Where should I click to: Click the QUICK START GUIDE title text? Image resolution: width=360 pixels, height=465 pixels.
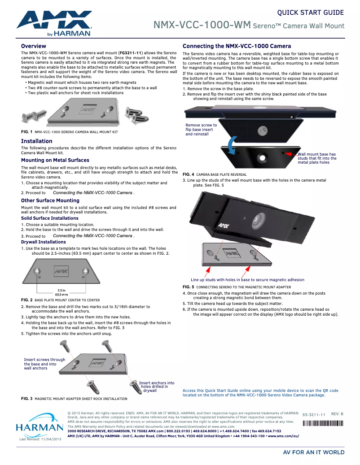pos(311,13)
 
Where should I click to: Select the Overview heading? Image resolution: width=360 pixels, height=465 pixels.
pos(34,46)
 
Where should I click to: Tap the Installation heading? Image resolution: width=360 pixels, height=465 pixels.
pos(37,141)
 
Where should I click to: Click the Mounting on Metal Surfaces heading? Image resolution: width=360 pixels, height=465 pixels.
pos(55,160)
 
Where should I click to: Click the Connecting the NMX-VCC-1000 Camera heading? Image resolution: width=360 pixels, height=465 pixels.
pos(237,46)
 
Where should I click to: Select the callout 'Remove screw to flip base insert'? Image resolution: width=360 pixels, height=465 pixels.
pos(201,130)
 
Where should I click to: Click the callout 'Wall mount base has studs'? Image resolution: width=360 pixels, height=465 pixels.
pos(317,158)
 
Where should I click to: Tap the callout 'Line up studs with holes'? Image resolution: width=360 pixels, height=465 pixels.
pos(247,280)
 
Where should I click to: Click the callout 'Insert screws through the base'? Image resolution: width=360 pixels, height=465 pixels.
pos(44,364)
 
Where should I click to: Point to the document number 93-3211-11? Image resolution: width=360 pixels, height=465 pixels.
pos(314,415)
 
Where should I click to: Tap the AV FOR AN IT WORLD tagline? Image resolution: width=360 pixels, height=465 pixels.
pos(313,452)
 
